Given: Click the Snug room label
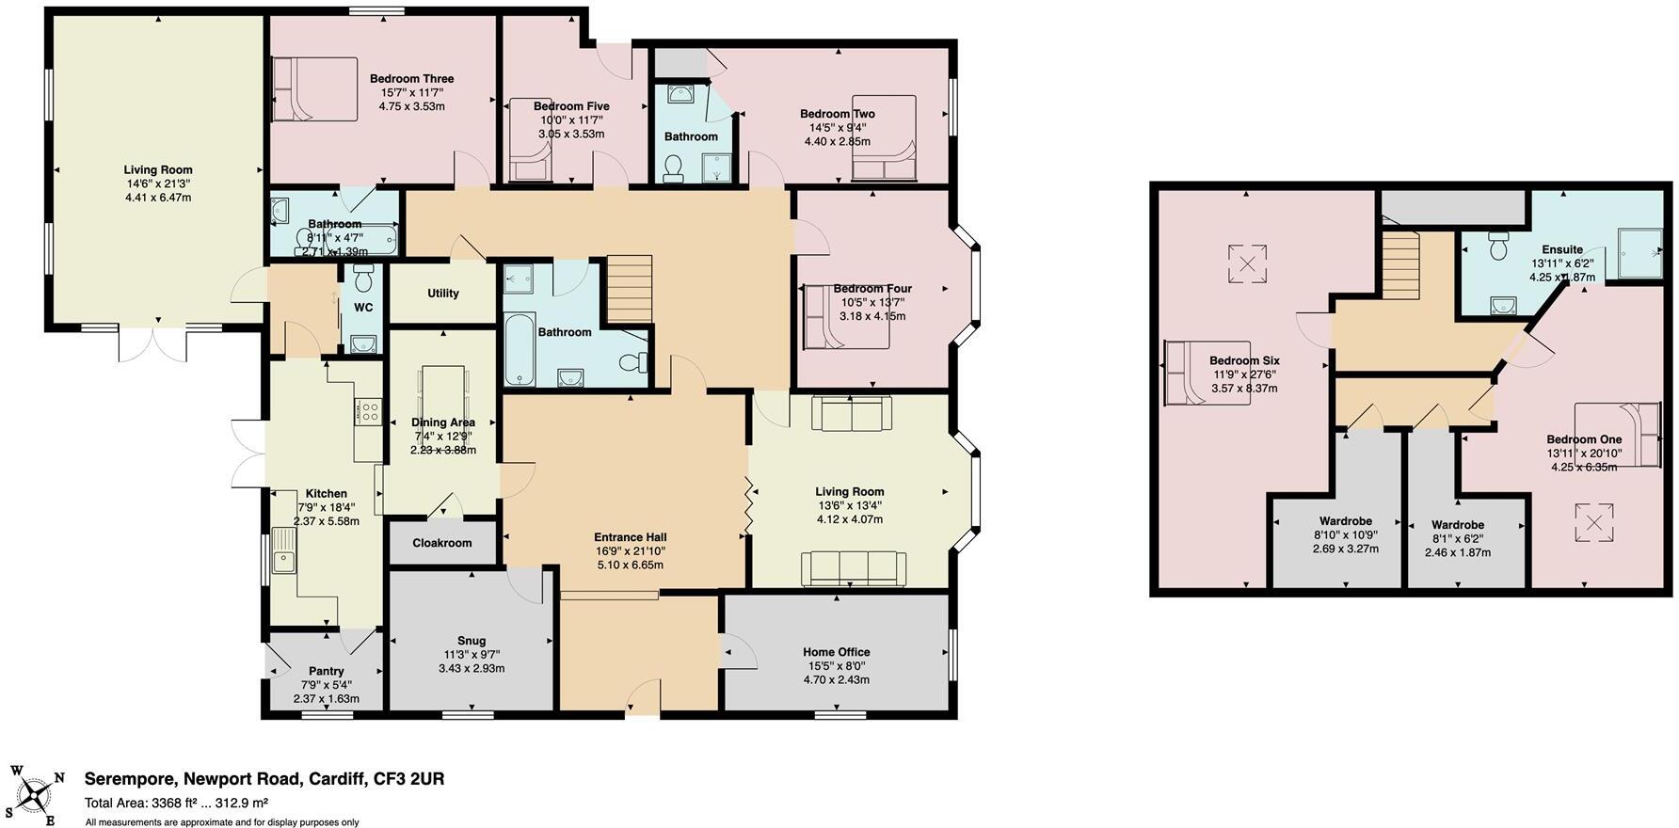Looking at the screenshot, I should pyautogui.click(x=472, y=641).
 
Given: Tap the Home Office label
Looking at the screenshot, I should pyautogui.click(x=836, y=652).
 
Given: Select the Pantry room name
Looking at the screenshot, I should pyautogui.click(x=327, y=671).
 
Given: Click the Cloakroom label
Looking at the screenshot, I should pyautogui.click(x=442, y=543).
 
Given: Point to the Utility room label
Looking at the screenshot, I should pyautogui.click(x=443, y=294).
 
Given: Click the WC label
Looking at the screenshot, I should pyautogui.click(x=363, y=308).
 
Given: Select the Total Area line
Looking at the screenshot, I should pyautogui.click(x=176, y=804).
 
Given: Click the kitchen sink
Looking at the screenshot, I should pyautogui.click(x=283, y=552).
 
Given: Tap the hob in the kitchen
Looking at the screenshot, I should pyautogui.click(x=367, y=411).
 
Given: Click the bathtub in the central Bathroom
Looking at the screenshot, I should pyautogui.click(x=520, y=349).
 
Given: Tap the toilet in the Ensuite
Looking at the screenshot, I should pyautogui.click(x=1499, y=247).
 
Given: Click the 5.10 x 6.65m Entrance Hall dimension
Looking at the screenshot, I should pyautogui.click(x=630, y=565).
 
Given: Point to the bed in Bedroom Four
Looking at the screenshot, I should pyautogui.click(x=845, y=317).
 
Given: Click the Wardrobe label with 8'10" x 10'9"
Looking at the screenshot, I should pyautogui.click(x=1345, y=520).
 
